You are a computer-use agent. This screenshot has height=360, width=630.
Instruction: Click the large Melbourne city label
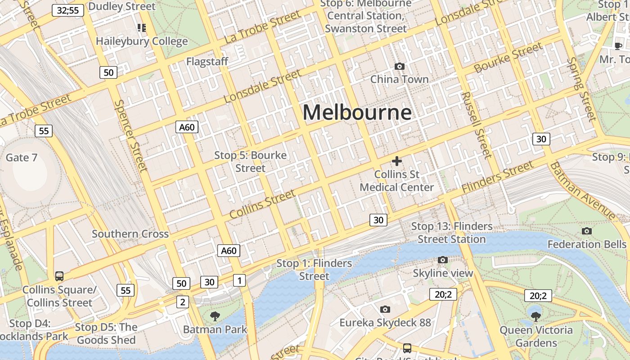point(357,112)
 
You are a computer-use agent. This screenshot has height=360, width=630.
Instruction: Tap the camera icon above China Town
point(399,67)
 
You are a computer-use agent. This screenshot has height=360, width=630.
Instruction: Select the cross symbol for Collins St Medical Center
point(396,161)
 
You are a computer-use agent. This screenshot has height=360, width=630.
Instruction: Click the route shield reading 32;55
point(68,10)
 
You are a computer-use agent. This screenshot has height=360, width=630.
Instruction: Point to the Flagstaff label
point(207,62)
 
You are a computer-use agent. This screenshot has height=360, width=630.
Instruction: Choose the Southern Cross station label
point(130,234)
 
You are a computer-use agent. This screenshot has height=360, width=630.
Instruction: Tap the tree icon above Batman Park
point(215,316)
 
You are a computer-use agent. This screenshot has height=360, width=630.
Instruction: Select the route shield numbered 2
point(182,302)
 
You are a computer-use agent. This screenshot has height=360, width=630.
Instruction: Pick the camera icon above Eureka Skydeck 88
point(385,309)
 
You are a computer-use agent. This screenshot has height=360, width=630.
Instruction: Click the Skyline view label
point(443,273)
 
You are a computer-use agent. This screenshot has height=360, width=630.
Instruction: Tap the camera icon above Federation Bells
point(587,231)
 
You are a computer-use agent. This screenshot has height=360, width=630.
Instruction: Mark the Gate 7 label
point(21,157)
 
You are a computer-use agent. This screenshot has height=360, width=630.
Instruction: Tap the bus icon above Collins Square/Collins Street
point(59,276)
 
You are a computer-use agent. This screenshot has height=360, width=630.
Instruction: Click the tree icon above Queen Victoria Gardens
point(535,316)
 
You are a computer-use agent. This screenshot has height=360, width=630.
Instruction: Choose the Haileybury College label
point(142,41)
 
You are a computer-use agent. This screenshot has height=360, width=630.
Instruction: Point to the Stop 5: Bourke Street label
point(250,162)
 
